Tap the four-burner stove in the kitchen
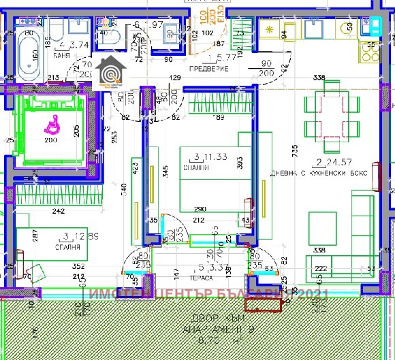pos(271,30)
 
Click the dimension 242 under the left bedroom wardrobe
pos(59,212)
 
